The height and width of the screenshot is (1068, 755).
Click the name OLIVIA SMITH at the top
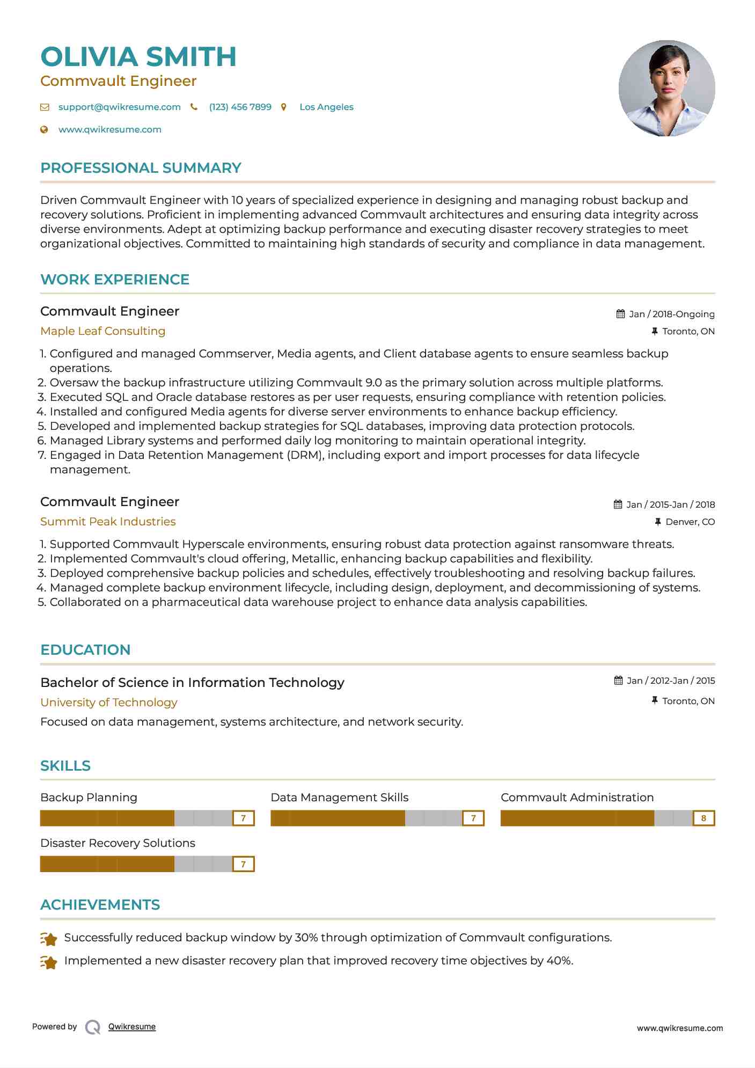[x=138, y=57]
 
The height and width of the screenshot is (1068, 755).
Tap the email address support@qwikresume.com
[x=119, y=107]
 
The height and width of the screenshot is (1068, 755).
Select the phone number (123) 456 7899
[x=240, y=107]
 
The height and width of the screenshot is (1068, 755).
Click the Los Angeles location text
[x=326, y=107]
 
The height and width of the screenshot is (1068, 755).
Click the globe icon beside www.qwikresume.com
[x=45, y=129]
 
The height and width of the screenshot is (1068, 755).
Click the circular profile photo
[x=666, y=88]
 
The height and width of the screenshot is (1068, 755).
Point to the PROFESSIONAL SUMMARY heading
[x=141, y=168]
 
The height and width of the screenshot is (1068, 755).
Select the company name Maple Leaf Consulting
[x=102, y=331]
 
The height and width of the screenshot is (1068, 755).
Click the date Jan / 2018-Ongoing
[x=671, y=314]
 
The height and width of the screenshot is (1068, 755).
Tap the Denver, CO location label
[x=690, y=522]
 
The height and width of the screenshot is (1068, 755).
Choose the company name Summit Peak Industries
[x=108, y=522]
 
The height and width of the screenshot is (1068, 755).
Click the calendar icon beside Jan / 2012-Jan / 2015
[x=619, y=681]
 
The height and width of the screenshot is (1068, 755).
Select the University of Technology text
[x=108, y=703]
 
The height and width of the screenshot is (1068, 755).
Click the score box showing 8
[x=703, y=818]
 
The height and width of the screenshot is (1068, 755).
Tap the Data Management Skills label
[x=339, y=798]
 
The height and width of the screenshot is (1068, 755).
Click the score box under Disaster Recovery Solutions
[x=243, y=864]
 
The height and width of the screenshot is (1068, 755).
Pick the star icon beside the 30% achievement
[x=49, y=939]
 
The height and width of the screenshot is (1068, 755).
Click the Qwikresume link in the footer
[x=131, y=1027]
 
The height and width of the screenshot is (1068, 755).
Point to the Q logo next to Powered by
[x=93, y=1027]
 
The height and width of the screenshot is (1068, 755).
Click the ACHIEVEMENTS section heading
[x=100, y=905]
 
